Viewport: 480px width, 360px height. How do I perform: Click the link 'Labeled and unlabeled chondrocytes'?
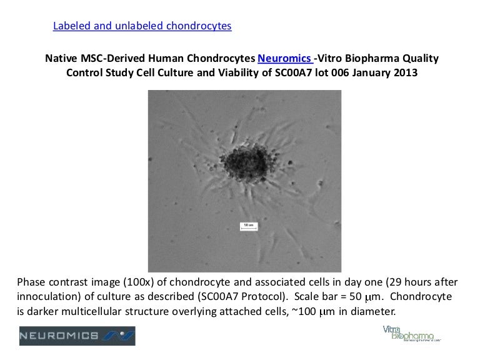tap(142, 26)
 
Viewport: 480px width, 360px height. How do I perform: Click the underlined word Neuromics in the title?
tap(285, 59)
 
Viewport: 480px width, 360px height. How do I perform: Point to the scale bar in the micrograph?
tap(248, 227)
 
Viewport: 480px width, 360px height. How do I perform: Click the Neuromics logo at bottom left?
tap(77, 336)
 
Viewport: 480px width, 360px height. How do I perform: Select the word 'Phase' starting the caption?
tap(32, 281)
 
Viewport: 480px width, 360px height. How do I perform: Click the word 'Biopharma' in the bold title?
tap(368, 59)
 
